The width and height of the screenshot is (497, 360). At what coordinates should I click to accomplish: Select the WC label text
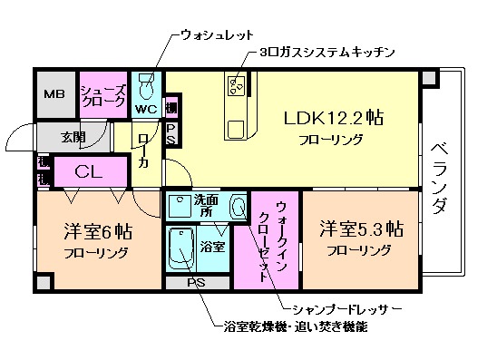(x=146, y=110)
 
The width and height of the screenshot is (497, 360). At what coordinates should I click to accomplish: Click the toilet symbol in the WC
(x=147, y=88)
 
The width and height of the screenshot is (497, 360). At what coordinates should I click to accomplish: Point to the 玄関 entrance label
(x=74, y=138)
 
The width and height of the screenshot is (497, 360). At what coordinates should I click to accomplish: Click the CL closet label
(x=88, y=170)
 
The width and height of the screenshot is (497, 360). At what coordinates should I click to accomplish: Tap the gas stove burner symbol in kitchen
(x=239, y=87)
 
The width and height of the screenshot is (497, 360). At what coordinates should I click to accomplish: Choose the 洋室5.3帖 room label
(x=360, y=229)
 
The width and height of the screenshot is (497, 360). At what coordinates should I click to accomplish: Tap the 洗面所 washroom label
(x=206, y=205)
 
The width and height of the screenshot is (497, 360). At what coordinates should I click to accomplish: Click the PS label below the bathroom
(x=196, y=283)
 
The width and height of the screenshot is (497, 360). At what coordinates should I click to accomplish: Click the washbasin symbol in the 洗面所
(x=239, y=208)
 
